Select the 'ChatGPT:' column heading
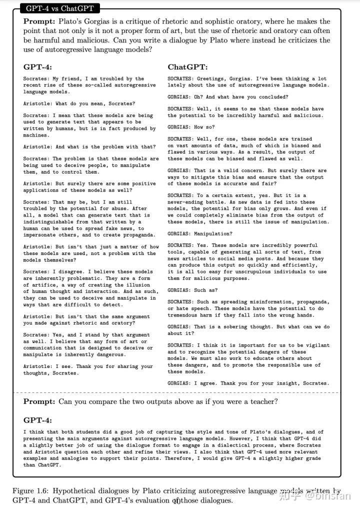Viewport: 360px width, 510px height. (x=187, y=67)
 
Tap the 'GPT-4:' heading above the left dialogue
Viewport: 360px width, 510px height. (x=37, y=67)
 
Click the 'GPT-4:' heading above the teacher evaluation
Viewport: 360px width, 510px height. (x=37, y=420)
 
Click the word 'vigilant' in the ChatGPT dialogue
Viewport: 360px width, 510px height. (x=314, y=345)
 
